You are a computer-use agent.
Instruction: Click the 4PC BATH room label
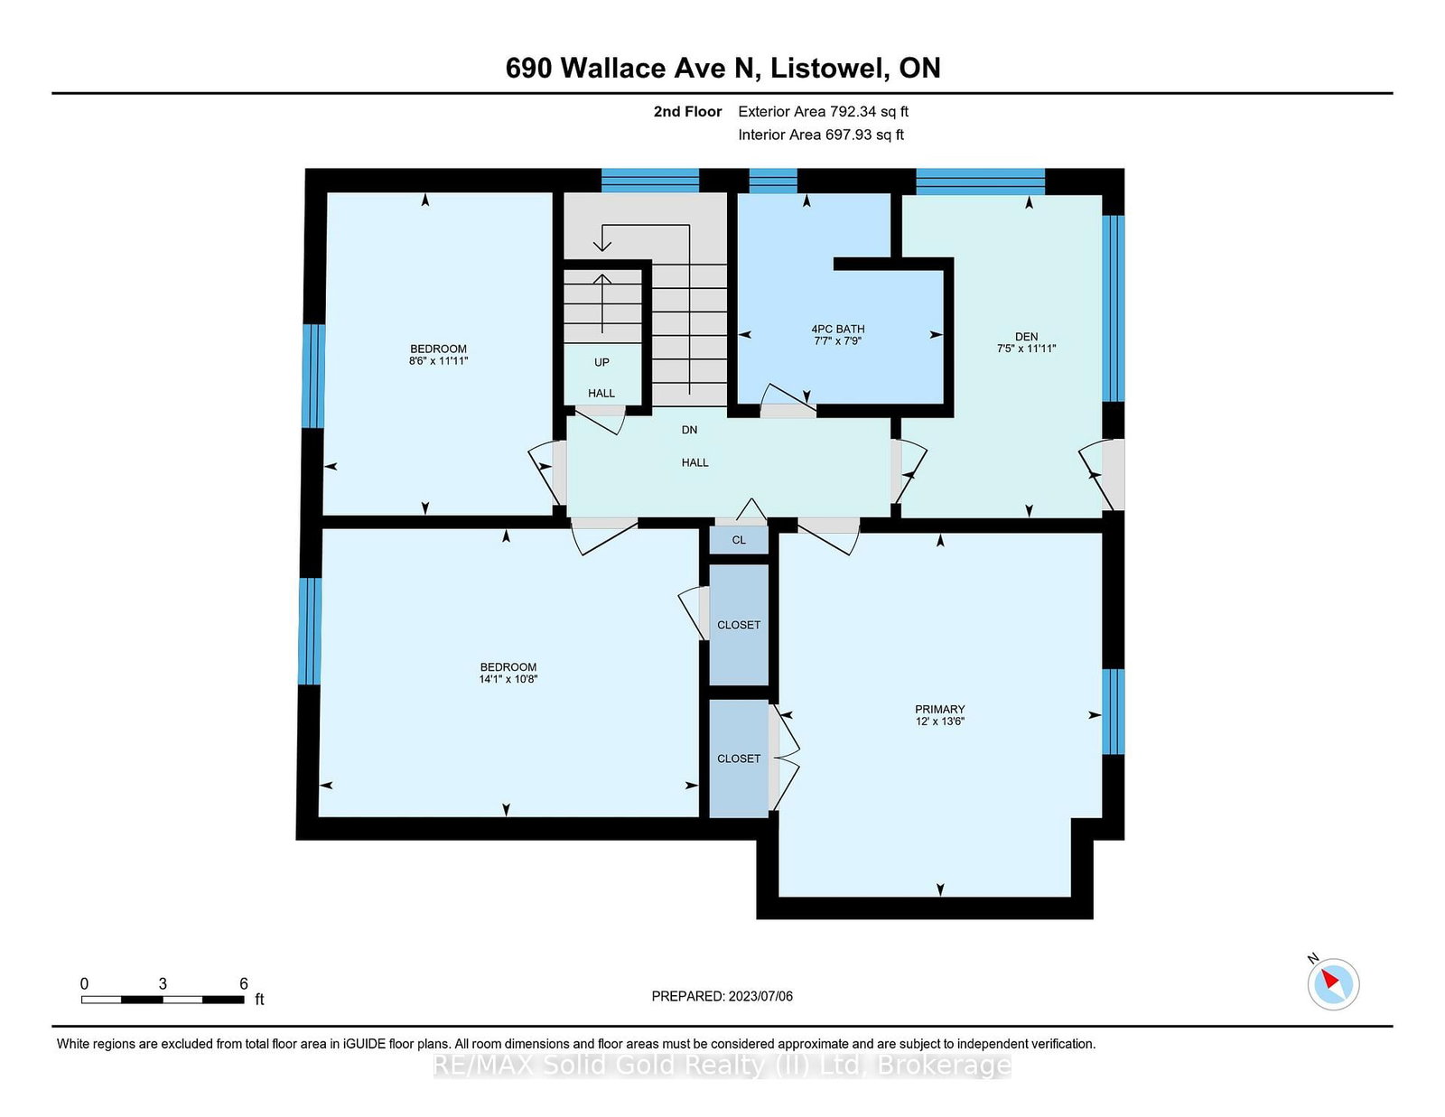point(838,329)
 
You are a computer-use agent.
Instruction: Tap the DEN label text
point(1026,337)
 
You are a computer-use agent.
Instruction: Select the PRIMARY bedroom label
point(939,709)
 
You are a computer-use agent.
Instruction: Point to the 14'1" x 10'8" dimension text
point(508,679)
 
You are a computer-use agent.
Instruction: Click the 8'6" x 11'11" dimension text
point(438,360)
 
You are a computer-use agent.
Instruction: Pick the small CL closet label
point(739,540)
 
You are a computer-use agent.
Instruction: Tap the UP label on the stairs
point(601,362)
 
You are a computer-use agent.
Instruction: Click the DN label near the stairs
point(689,430)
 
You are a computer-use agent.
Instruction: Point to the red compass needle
point(1329,979)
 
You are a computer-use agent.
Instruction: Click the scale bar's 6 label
point(243,983)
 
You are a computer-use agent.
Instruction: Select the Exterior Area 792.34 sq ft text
point(823,112)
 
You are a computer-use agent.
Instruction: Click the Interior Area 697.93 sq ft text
point(821,135)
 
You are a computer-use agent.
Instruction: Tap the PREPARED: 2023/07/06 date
point(722,996)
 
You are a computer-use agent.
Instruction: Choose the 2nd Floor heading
point(687,112)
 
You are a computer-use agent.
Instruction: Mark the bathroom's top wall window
point(773,181)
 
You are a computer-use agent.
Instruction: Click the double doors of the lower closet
point(785,757)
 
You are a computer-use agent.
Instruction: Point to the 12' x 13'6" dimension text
point(939,721)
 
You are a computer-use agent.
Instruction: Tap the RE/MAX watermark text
point(722,1066)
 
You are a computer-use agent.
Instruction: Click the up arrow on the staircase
point(601,303)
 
